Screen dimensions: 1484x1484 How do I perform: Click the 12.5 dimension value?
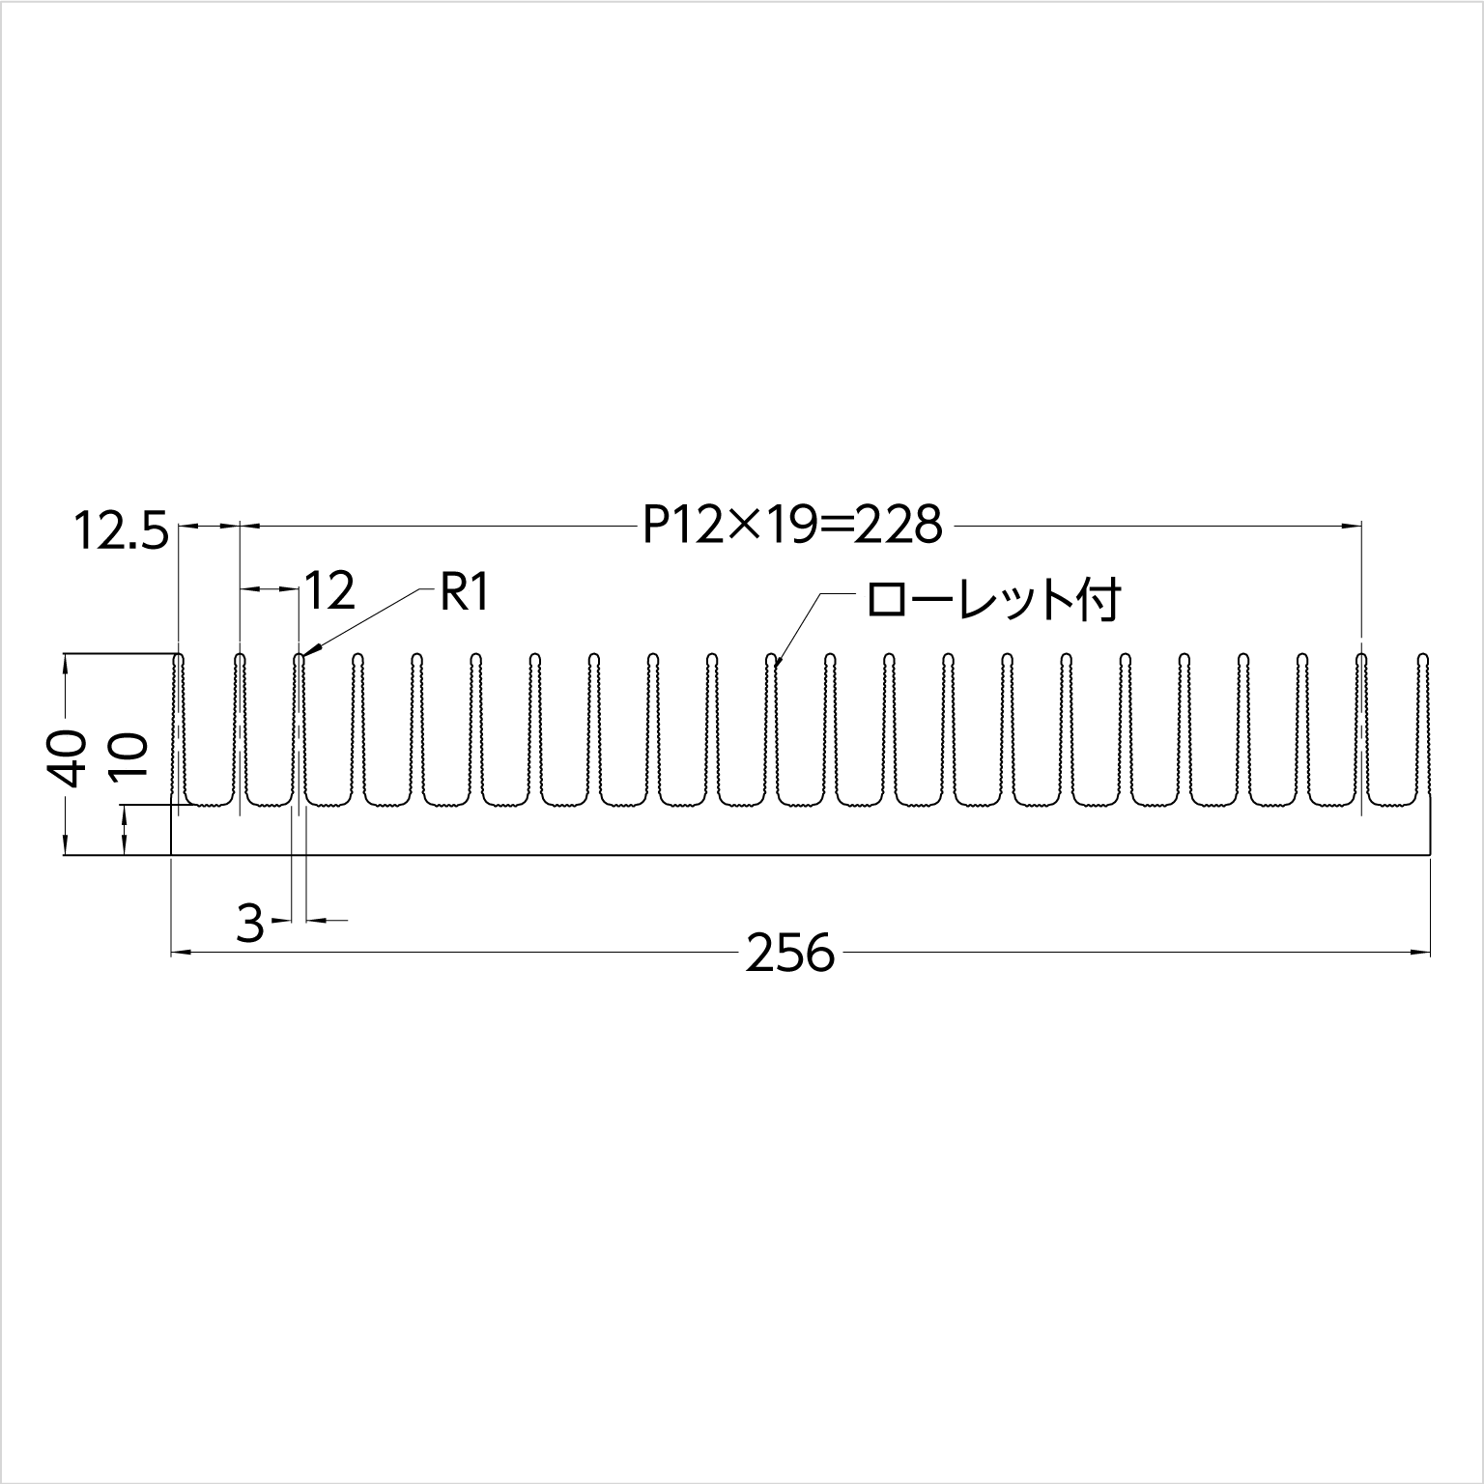122,533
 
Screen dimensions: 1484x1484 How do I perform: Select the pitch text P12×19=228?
791,527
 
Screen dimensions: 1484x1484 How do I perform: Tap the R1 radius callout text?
466,593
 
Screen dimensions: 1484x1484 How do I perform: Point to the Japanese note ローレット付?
993,601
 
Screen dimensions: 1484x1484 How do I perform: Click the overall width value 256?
790,955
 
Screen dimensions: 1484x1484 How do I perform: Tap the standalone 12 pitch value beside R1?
330,590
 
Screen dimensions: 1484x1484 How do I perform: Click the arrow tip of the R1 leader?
304,656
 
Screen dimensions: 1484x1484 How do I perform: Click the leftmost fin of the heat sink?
179,725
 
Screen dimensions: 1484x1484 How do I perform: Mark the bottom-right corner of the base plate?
1431,855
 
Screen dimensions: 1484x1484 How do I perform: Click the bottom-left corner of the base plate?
171,855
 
